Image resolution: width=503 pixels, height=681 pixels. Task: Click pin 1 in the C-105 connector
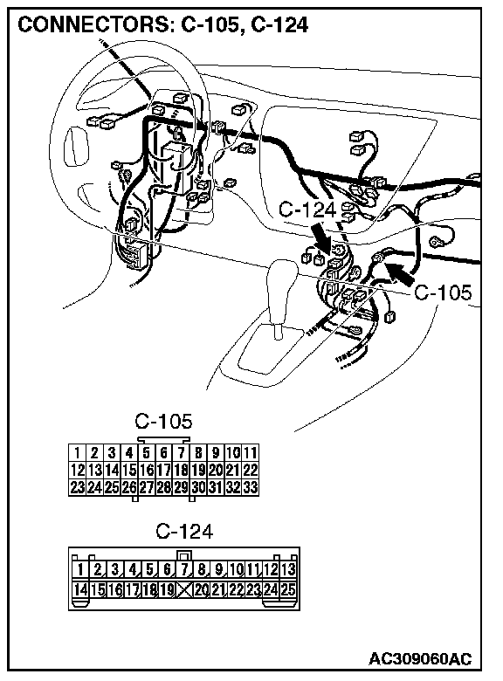tap(78, 452)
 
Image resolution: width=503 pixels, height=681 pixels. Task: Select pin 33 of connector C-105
tap(251, 487)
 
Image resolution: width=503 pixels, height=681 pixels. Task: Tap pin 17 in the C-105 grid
tap(164, 470)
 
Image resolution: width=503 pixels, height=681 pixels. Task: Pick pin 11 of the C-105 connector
tap(251, 452)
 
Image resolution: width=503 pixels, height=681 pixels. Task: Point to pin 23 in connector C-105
tap(78, 487)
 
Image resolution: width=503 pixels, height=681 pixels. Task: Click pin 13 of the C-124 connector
tap(288, 569)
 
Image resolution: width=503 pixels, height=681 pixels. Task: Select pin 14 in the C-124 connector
tap(80, 589)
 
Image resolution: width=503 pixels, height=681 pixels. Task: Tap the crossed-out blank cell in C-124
tap(184, 589)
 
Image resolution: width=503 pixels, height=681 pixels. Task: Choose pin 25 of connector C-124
tap(288, 589)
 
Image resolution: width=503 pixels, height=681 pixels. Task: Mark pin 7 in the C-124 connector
tap(184, 569)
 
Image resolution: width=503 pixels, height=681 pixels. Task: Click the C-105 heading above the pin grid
tap(163, 421)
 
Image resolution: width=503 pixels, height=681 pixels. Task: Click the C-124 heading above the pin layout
tap(184, 531)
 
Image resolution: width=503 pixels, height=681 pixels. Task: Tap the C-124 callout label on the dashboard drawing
tap(307, 210)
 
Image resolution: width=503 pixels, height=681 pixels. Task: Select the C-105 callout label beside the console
tap(443, 292)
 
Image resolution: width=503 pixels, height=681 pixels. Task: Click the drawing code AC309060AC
tap(420, 659)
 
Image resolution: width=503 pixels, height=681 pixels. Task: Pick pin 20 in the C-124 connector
tap(202, 589)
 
